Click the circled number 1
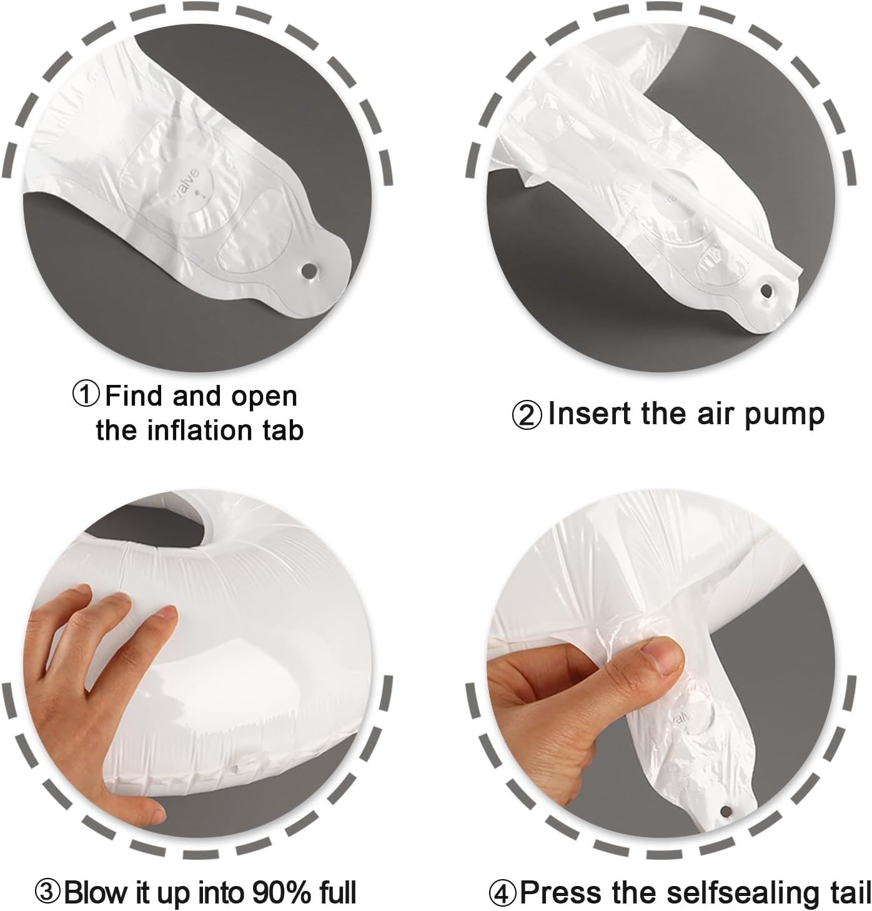[x=86, y=395]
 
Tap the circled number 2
[x=527, y=415]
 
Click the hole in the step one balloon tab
[x=309, y=270]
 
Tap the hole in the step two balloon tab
[x=766, y=291]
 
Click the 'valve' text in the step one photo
[x=187, y=182]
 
